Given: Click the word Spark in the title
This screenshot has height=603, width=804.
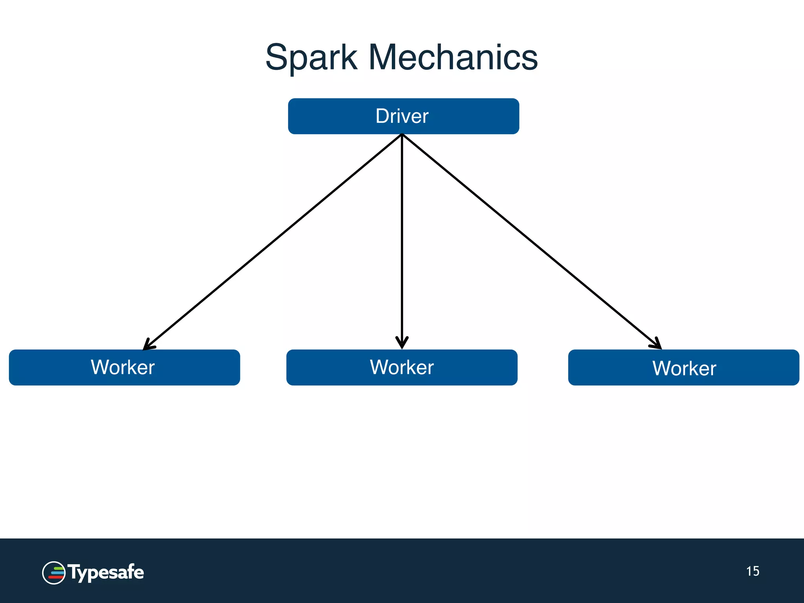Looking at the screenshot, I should [311, 58].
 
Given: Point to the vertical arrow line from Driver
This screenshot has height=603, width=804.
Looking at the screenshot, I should [402, 236].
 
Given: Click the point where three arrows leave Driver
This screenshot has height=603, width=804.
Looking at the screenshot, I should [402, 135].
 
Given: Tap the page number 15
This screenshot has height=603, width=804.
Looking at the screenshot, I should [753, 571].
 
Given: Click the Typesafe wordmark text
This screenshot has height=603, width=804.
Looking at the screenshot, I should [106, 572].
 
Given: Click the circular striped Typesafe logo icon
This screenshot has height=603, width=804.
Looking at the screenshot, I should [54, 573].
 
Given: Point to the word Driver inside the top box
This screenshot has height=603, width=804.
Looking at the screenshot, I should [402, 116].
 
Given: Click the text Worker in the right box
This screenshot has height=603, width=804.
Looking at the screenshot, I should [684, 368].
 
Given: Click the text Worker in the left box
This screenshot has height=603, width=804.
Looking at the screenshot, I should [122, 367].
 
